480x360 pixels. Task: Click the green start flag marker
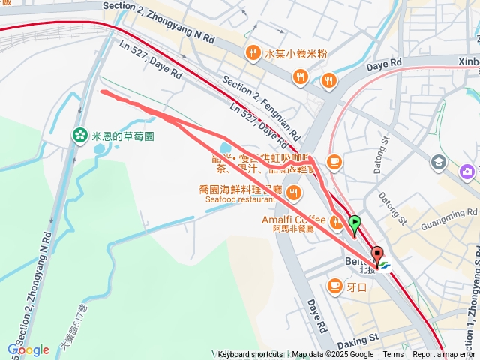(x=355, y=223)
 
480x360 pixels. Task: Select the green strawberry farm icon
(x=79, y=136)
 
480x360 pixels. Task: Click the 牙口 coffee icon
(x=334, y=285)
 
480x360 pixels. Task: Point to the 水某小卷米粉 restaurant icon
(x=251, y=53)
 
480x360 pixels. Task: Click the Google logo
(x=28, y=349)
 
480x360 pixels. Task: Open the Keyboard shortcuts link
(x=250, y=355)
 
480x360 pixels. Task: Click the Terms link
(x=393, y=355)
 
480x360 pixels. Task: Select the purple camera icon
(x=469, y=172)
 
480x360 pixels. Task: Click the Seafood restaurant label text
(x=241, y=200)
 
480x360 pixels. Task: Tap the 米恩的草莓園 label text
(x=122, y=136)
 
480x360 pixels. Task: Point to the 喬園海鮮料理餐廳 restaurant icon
(x=292, y=193)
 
